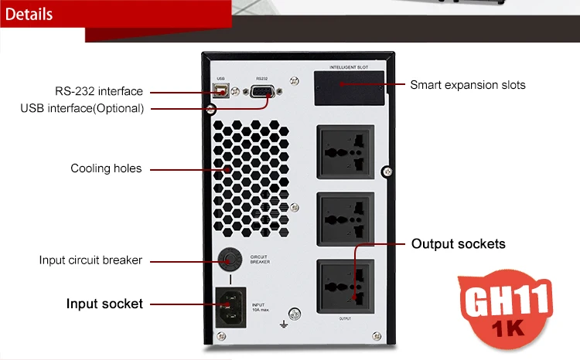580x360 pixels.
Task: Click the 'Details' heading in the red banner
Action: pyautogui.click(x=29, y=14)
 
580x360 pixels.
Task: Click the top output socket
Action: pyautogui.click(x=345, y=153)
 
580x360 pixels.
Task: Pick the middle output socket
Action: pyautogui.click(x=345, y=219)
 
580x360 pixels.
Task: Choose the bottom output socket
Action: pyautogui.click(x=345, y=285)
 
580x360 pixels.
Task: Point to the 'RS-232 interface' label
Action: pyautogui.click(x=98, y=90)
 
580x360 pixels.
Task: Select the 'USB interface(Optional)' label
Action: pyautogui.click(x=82, y=108)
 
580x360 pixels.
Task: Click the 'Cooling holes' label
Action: pyautogui.click(x=106, y=168)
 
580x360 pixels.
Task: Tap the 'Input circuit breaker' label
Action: pyautogui.click(x=90, y=260)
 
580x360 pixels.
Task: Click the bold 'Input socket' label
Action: pyautogui.click(x=104, y=304)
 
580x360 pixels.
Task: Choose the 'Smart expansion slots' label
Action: pyautogui.click(x=467, y=85)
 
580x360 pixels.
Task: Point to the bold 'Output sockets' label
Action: pyautogui.click(x=458, y=244)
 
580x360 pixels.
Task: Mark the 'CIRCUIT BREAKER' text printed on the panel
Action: pyautogui.click(x=259, y=259)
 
